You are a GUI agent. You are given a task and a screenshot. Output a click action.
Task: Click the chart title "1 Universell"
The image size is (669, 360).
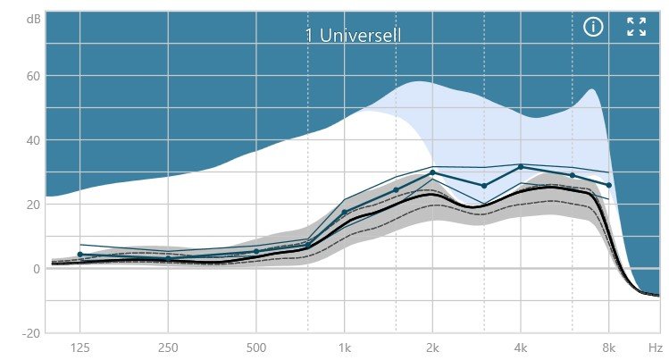tap(353, 36)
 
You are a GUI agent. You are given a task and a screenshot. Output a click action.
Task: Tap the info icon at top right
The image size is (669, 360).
tap(593, 27)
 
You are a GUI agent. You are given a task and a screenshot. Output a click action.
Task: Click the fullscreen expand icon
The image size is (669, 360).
tap(636, 27)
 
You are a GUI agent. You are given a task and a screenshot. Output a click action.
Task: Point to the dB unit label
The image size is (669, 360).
tap(33, 18)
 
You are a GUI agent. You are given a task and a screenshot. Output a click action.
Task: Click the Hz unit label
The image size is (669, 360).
tap(655, 347)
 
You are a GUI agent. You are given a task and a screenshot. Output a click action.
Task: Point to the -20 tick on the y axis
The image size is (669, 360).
tap(29, 333)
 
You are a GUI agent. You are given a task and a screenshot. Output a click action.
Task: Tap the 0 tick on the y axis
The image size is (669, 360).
tap(36, 269)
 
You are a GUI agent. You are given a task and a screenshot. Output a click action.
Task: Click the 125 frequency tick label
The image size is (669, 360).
tap(79, 347)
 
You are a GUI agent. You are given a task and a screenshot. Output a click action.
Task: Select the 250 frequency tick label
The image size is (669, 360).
tap(168, 347)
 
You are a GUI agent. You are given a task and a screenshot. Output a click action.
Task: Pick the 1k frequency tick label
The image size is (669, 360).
tap(344, 347)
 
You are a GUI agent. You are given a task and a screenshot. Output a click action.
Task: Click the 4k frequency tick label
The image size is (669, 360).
tap(521, 347)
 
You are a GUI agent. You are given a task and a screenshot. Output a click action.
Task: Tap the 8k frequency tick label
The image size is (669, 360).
tap(609, 347)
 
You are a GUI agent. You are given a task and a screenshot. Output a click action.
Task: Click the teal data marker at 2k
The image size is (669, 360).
tap(432, 172)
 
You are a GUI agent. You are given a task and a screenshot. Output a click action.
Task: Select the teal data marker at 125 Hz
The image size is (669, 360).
tap(79, 255)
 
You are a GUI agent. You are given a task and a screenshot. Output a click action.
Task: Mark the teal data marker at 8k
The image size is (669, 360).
tap(609, 185)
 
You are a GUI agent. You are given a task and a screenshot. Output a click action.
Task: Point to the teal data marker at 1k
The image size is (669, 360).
tap(344, 213)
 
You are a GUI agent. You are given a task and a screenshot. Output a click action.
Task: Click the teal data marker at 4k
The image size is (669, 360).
tap(521, 167)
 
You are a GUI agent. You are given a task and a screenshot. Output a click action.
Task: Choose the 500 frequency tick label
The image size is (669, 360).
tap(256, 347)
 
